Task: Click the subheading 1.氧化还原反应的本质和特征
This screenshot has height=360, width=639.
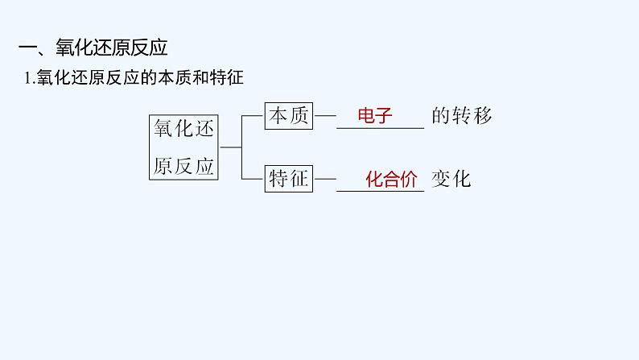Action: click(x=134, y=79)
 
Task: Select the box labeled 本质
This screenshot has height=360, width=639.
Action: click(x=288, y=116)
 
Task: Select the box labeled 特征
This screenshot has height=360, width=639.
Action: click(x=288, y=179)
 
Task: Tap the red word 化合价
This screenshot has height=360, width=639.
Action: click(x=391, y=179)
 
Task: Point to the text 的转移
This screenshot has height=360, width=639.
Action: click(x=461, y=116)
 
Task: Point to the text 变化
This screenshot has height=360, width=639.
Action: click(x=451, y=179)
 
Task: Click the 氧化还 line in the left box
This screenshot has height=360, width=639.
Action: click(x=183, y=129)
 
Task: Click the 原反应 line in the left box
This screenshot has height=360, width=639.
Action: click(x=183, y=166)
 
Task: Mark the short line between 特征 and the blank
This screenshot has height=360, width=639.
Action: click(x=324, y=179)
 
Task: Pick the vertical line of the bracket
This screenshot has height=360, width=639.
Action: click(x=241, y=147)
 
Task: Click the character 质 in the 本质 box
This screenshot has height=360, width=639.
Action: click(x=299, y=116)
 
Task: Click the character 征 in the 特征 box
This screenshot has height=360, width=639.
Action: click(x=299, y=179)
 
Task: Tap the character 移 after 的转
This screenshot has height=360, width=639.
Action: click(x=481, y=116)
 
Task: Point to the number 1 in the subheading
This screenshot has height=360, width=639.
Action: click(x=28, y=79)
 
